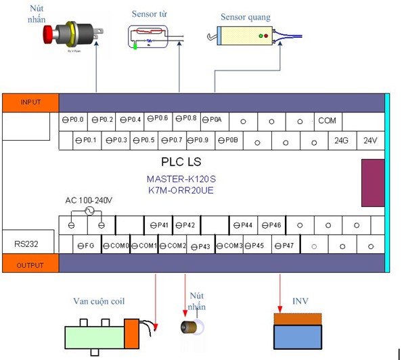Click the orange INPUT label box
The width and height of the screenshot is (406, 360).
[x=30, y=103]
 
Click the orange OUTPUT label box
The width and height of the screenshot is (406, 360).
[x=30, y=265]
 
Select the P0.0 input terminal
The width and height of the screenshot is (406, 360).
[x=73, y=120]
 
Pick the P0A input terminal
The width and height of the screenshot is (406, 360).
[x=212, y=120]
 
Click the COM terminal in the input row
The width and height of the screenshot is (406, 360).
[x=327, y=120]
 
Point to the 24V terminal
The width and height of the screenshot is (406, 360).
[x=369, y=141]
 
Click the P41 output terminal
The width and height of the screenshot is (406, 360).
[x=158, y=225]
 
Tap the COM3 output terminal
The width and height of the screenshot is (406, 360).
[x=229, y=245]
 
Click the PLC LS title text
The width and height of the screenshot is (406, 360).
[x=181, y=162]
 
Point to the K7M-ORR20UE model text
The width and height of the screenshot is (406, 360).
[x=181, y=191]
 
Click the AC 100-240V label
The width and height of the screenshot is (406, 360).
[x=89, y=201]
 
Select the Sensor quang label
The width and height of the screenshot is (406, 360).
[x=245, y=16]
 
